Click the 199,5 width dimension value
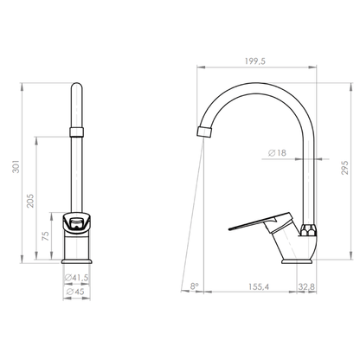coord(255,61)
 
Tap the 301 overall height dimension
coord(16,166)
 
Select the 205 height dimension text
coord(30,201)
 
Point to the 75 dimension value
coord(46,236)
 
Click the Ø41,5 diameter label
coord(77,278)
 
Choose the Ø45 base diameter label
coord(75,292)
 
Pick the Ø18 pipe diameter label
coord(277,152)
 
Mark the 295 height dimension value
coord(345,167)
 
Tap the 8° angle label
coord(195,286)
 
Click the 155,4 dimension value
coord(259,286)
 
